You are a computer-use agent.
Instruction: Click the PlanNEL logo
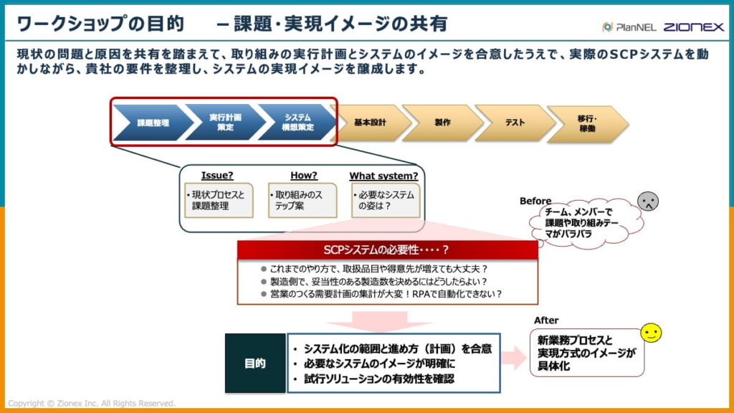tap(628, 27)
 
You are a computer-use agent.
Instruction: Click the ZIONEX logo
tap(693, 27)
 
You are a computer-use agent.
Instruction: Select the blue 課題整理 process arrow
tap(152, 123)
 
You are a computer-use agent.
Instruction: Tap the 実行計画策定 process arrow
tap(224, 123)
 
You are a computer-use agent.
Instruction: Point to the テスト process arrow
tap(515, 123)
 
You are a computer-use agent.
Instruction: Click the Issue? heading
tap(217, 176)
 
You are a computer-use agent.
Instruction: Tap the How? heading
tap(303, 176)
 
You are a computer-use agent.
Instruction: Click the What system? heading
tap(383, 176)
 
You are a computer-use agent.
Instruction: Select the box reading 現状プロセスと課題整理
tap(218, 201)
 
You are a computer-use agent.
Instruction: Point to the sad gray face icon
tap(648, 201)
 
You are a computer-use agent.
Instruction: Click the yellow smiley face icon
tap(651, 333)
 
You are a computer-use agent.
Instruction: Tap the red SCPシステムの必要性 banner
tap(387, 250)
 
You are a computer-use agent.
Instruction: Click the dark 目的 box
tap(255, 364)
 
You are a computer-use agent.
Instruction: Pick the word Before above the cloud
tap(535, 201)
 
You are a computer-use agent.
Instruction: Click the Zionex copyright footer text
tap(91, 404)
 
